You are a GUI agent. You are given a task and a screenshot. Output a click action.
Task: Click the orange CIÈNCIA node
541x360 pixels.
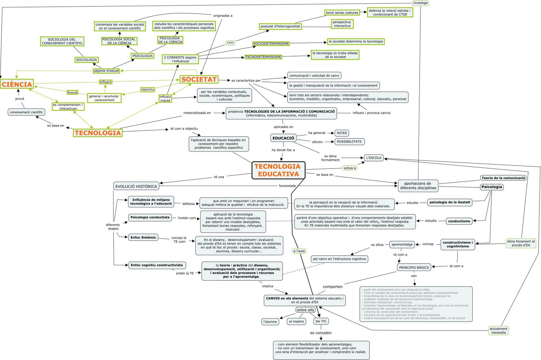point(17,84)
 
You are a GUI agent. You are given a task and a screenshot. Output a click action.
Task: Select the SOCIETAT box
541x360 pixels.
point(199,80)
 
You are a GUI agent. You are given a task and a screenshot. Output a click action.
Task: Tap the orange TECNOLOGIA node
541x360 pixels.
point(98,133)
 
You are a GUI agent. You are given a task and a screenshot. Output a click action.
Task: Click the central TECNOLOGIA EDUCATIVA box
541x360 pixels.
point(278,170)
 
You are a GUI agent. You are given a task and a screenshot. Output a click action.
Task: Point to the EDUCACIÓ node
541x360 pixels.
point(283,138)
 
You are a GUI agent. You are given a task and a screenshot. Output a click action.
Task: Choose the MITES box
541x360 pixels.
point(342,133)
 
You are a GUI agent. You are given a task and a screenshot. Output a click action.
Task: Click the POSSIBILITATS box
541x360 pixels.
point(349,142)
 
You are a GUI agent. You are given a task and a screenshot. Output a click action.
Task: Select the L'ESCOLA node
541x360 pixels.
point(374,158)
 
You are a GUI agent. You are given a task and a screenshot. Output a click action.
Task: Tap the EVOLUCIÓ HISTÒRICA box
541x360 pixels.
point(136,186)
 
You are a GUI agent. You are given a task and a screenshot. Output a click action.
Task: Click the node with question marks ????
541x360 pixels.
point(230,43)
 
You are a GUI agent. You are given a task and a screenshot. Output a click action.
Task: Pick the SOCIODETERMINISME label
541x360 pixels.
point(271,44)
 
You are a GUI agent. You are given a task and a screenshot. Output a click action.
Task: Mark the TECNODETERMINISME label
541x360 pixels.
point(263,57)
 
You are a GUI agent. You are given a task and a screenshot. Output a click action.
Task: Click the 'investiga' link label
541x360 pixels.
point(420,3)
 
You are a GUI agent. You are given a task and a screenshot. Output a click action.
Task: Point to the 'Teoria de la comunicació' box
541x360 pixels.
point(503,178)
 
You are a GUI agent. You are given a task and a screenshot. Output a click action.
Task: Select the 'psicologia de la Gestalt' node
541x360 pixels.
point(450,202)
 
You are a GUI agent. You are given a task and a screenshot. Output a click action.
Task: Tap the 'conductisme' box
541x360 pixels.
point(459,221)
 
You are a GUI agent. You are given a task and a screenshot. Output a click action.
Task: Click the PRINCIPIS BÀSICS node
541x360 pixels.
point(414,267)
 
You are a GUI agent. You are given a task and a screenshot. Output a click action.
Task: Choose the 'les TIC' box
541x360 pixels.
point(321,321)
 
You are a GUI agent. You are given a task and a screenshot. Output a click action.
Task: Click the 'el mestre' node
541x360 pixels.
point(297,321)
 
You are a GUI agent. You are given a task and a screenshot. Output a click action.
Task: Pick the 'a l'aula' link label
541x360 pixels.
point(299,251)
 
